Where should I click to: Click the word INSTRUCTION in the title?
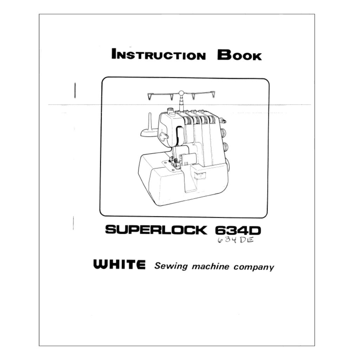(159, 54)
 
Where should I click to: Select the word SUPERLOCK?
(156, 230)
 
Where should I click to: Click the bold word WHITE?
(119, 264)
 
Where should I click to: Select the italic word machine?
(211, 266)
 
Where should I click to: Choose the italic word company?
(254, 268)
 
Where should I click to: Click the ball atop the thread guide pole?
(181, 93)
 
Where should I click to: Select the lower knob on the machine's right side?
(225, 147)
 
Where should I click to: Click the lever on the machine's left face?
(165, 136)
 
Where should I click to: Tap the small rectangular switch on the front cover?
(200, 175)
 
